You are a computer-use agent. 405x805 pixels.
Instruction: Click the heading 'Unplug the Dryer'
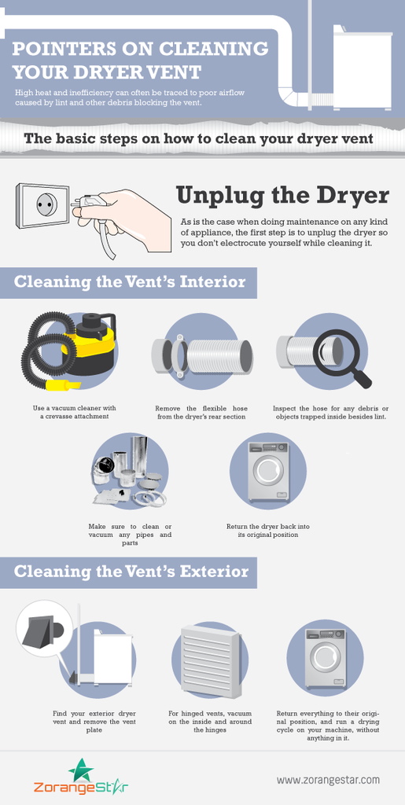282,196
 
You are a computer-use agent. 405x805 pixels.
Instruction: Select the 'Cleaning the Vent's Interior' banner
128,282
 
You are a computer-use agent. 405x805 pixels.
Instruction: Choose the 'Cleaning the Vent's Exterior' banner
128,572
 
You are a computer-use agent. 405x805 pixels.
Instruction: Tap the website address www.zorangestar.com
328,779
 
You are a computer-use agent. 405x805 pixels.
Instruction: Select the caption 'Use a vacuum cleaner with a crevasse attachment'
75,412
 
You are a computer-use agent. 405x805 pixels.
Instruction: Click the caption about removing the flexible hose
201,412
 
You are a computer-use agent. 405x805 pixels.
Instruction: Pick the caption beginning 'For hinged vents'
209,722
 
